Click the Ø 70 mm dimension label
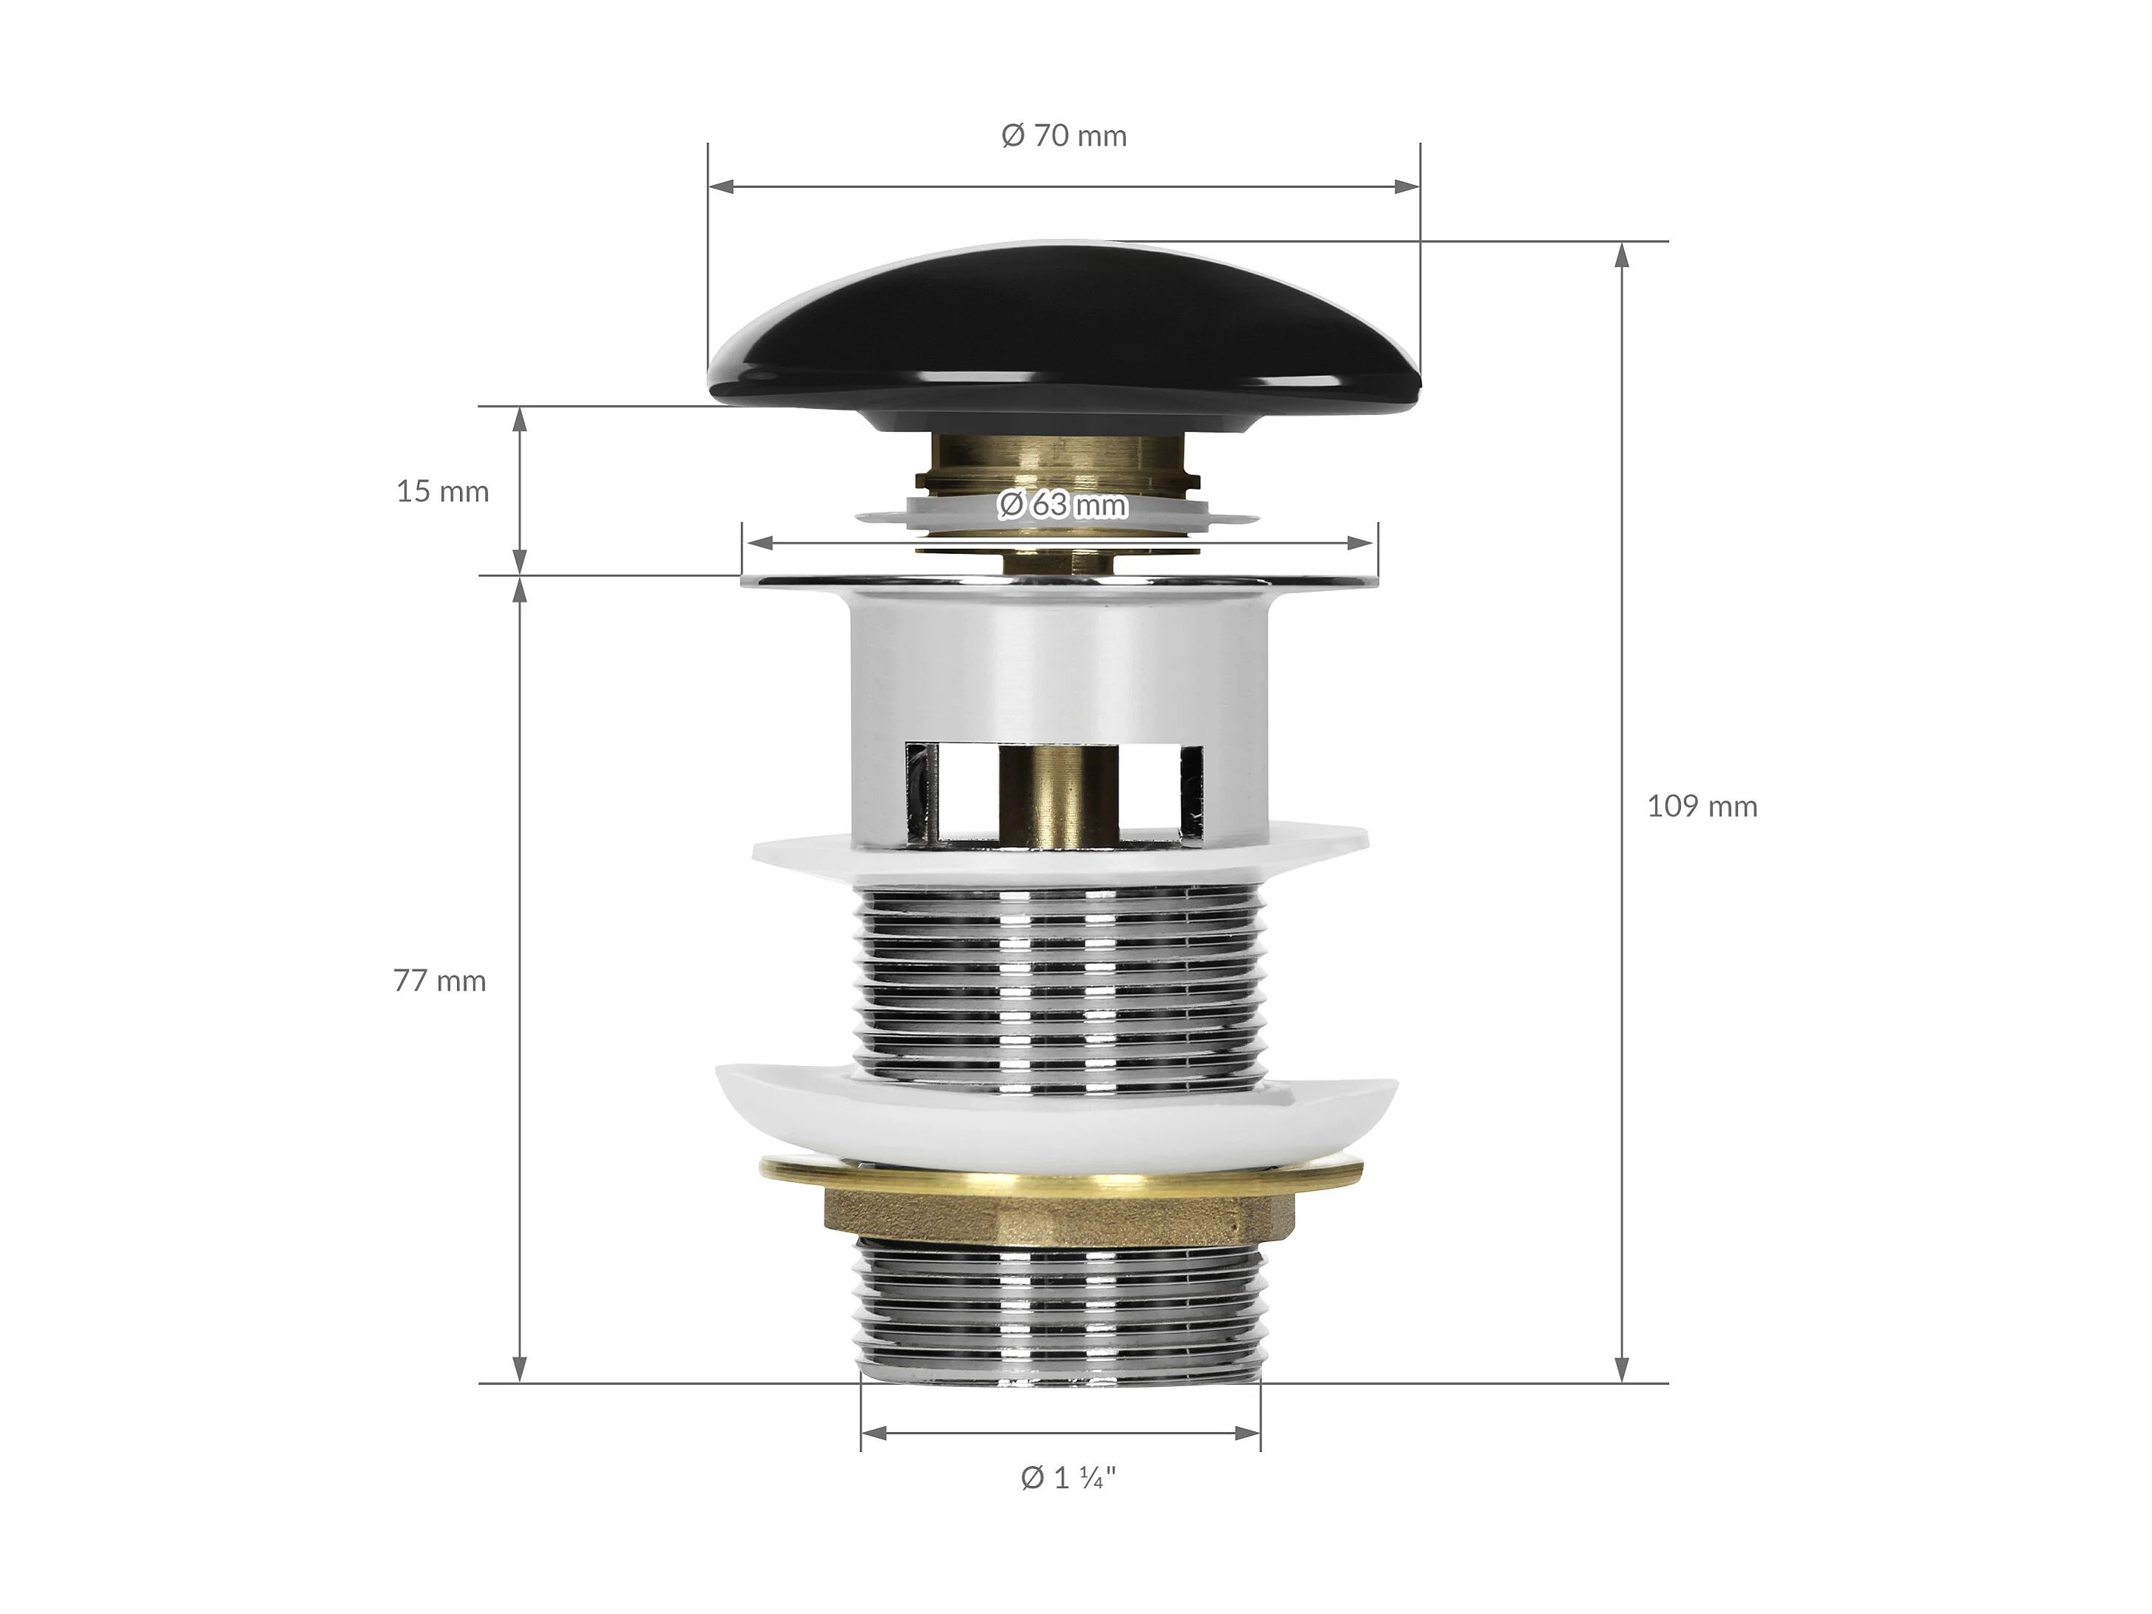[x=1064, y=135]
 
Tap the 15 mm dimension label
[x=443, y=491]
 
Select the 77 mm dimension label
[x=440, y=981]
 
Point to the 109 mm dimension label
[x=1702, y=806]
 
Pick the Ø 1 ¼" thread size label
[x=1068, y=1478]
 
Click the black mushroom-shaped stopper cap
[x=1063, y=336]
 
